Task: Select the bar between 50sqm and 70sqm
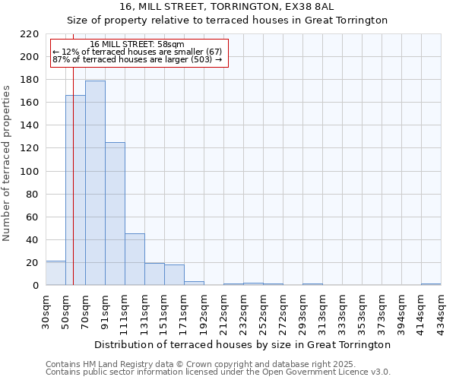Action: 75,190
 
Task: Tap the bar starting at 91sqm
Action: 115,214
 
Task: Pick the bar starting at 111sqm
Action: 135,259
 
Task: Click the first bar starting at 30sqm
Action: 55,273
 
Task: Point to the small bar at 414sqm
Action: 431,284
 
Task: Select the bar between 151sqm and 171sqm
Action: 174,275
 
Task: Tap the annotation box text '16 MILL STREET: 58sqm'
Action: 137,45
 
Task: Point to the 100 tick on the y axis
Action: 30,172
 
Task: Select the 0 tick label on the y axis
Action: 36,286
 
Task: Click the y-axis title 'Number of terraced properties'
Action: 7,163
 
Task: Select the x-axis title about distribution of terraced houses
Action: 243,344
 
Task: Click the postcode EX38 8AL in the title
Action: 307,6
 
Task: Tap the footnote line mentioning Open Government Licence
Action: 218,372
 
